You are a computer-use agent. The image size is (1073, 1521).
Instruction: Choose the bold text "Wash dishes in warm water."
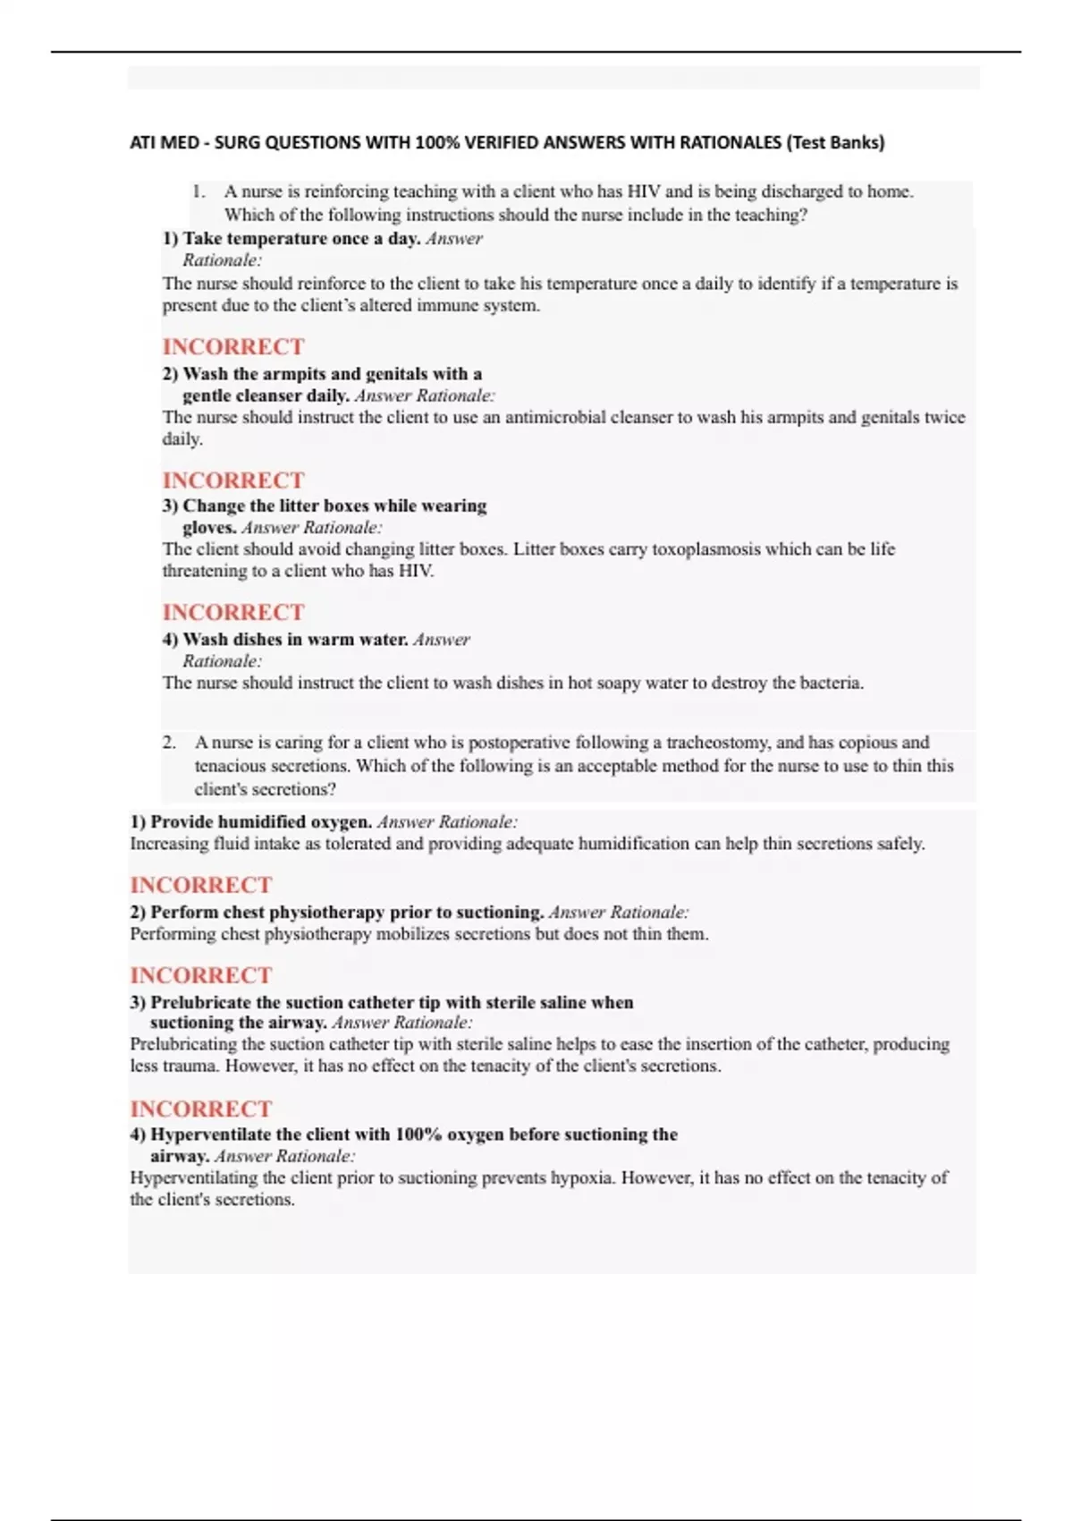[x=295, y=640]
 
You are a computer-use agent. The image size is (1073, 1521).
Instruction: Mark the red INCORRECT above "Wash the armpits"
[x=232, y=347]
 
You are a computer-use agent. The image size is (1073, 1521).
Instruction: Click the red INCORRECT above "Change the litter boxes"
[x=232, y=480]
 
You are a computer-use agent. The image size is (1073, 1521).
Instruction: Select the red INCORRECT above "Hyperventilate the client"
[x=200, y=1109]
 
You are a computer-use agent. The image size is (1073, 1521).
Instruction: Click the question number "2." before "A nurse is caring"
[x=169, y=743]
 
